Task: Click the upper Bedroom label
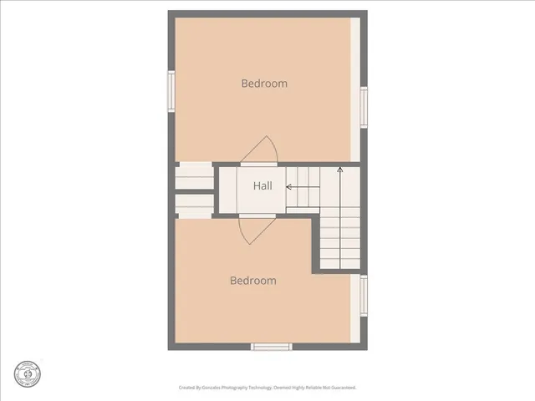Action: [x=264, y=83]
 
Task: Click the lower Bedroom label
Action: [x=253, y=281]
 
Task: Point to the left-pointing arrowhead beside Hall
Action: [x=289, y=187]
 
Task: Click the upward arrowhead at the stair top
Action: [x=340, y=170]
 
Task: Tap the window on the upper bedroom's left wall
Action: [x=171, y=91]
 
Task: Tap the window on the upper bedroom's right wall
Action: [x=364, y=107]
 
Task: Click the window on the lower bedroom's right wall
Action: [x=364, y=297]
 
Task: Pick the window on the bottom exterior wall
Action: [x=271, y=346]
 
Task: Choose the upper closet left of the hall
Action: [x=194, y=176]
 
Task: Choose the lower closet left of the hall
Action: [x=194, y=205]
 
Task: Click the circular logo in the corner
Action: [x=28, y=373]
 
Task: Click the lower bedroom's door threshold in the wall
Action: [x=257, y=216]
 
